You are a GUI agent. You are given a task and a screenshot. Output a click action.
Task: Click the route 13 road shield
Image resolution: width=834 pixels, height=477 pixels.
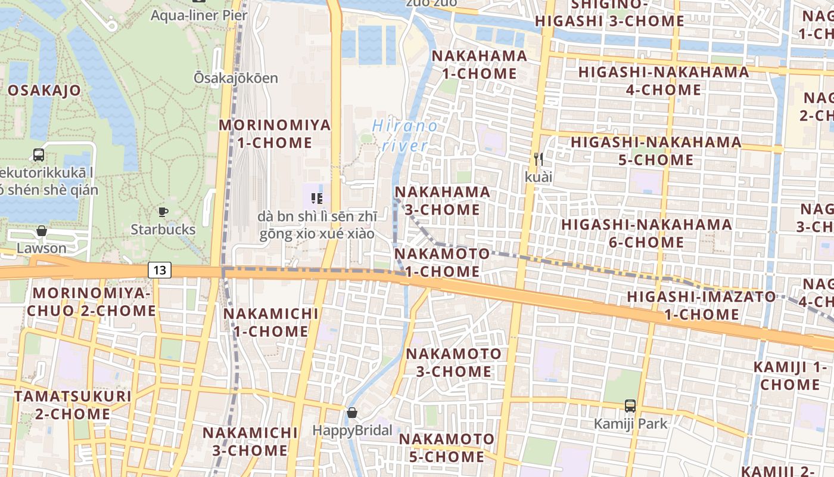click(x=160, y=270)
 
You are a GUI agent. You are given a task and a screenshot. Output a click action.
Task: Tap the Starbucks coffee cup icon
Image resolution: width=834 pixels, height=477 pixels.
click(x=163, y=212)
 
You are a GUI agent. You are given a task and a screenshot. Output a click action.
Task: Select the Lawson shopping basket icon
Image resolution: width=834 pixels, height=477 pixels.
click(x=42, y=231)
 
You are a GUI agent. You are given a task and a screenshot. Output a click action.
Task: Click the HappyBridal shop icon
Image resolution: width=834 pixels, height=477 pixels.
click(x=352, y=413)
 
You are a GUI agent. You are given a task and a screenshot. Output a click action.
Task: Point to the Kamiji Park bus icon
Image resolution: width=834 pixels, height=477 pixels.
click(x=630, y=406)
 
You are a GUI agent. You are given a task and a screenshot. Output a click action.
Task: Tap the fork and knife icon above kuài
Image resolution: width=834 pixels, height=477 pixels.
click(x=539, y=159)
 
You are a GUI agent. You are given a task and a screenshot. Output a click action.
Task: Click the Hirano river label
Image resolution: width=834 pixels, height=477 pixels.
click(x=405, y=135)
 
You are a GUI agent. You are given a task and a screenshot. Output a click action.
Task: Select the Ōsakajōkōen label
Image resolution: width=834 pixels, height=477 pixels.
click(x=236, y=78)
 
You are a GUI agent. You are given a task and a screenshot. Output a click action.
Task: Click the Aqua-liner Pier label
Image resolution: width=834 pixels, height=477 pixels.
click(x=198, y=15)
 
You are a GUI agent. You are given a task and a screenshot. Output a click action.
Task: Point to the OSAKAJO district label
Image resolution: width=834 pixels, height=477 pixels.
click(x=45, y=91)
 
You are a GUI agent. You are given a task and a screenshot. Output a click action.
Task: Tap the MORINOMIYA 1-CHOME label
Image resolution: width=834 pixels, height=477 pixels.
click(x=275, y=134)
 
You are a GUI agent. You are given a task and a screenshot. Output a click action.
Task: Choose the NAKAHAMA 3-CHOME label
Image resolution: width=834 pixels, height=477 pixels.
click(x=443, y=201)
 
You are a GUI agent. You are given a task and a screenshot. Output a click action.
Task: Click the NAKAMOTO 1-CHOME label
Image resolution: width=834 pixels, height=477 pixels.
click(x=442, y=262)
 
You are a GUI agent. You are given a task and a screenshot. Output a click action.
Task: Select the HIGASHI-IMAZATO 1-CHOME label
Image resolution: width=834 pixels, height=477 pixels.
click(x=701, y=305)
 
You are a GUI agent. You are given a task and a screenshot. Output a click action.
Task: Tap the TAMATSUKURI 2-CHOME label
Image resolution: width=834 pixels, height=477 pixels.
click(x=73, y=405)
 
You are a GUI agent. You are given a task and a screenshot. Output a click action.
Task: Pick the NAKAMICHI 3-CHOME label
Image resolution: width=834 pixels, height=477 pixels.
click(x=250, y=441)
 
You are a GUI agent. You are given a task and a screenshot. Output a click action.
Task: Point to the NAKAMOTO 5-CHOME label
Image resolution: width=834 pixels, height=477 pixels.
click(x=446, y=448)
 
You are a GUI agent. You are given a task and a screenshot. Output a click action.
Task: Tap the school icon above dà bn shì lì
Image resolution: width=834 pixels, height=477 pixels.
click(x=316, y=198)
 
